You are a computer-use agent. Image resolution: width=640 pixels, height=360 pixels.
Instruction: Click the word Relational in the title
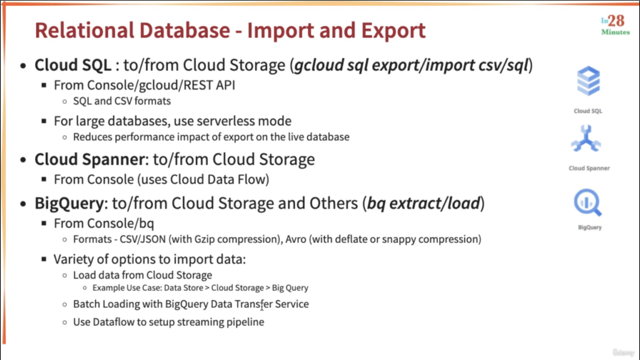[85, 30]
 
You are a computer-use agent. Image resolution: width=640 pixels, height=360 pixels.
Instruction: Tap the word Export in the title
[394, 31]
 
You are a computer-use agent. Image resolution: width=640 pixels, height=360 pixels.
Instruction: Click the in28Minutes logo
[616, 25]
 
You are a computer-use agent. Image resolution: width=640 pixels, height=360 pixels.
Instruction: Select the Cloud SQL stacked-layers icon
[588, 81]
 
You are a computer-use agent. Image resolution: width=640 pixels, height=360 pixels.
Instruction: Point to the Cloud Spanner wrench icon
[586, 138]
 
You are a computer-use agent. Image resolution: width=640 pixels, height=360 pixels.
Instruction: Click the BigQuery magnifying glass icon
[587, 203]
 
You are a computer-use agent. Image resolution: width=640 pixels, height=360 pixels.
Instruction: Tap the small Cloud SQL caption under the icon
[588, 111]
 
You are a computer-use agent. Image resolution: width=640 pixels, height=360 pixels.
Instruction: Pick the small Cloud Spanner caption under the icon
[589, 168]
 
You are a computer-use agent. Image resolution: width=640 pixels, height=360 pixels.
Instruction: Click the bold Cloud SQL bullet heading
[73, 65]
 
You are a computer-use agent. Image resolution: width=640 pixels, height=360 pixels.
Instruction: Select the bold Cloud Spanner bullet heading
[90, 159]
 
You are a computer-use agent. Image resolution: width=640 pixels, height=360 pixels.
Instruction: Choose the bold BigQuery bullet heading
[69, 203]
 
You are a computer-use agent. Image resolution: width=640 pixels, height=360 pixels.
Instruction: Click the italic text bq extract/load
[423, 203]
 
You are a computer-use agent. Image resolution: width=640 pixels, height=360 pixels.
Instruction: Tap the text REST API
[209, 85]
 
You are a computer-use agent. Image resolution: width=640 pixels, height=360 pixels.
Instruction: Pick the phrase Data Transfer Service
[260, 304]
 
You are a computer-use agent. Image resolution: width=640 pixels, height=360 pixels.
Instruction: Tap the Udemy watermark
[623, 352]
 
